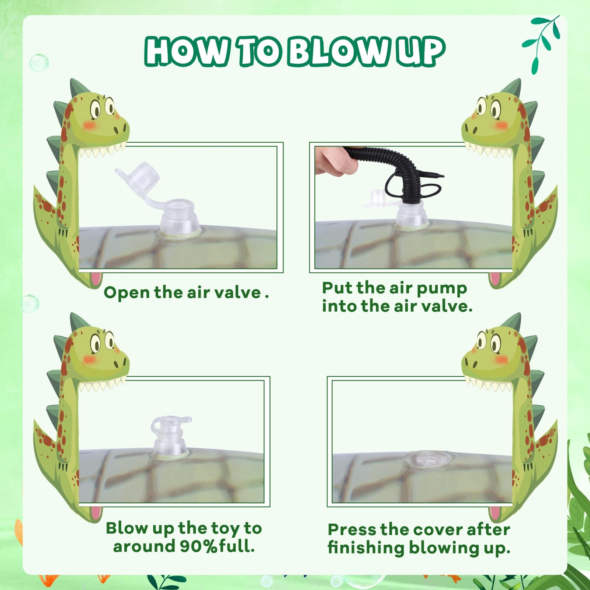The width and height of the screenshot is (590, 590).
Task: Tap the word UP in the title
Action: point(421,52)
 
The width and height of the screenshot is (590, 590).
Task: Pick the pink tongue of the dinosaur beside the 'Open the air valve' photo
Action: point(97,279)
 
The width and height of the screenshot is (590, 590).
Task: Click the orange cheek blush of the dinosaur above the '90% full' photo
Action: point(89,359)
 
